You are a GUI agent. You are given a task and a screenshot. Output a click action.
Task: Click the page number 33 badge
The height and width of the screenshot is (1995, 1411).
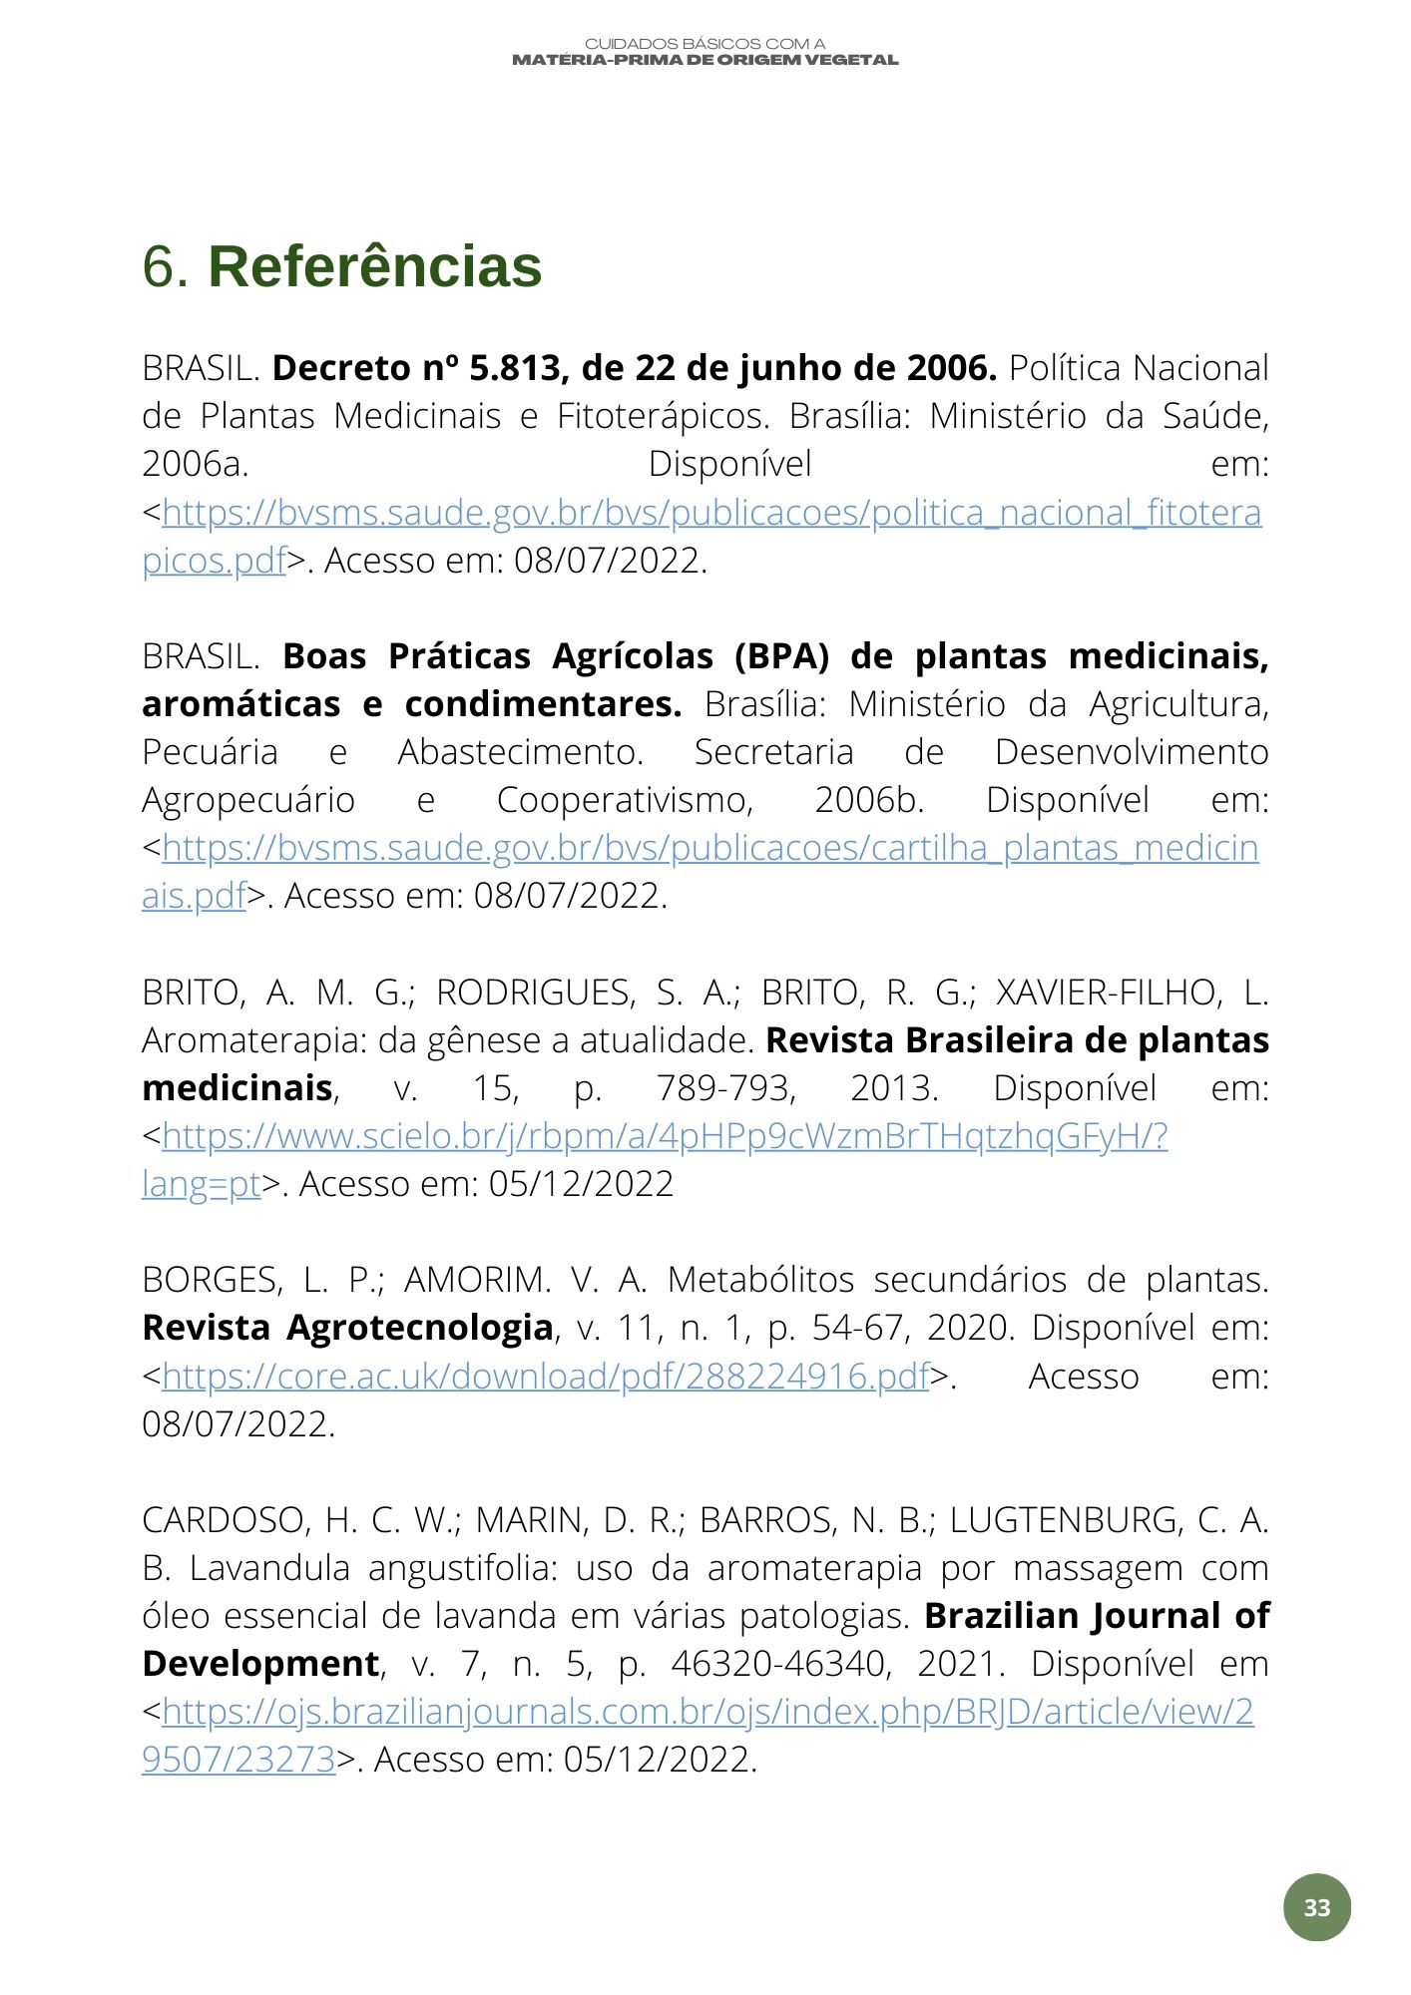[1316, 1907]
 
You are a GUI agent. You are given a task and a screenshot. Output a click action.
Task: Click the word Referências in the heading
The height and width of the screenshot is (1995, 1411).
[374, 267]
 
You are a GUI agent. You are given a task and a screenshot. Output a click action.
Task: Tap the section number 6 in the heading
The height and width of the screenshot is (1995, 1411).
[165, 267]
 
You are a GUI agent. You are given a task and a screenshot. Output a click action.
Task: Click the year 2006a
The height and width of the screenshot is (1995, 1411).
[196, 464]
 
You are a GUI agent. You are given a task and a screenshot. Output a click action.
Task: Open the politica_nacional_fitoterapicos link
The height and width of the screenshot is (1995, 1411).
[710, 513]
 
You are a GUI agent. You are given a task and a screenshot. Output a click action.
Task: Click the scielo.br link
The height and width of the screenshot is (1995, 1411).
[664, 1136]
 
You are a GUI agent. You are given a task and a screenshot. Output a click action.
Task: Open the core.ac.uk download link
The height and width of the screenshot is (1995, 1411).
[545, 1377]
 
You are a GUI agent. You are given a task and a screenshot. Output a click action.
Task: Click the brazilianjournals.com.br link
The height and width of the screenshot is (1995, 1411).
[706, 1712]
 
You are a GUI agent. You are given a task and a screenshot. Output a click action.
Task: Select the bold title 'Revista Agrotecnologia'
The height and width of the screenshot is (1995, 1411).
[347, 1328]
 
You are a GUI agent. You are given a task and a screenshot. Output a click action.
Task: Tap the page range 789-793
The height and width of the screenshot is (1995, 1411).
[725, 1088]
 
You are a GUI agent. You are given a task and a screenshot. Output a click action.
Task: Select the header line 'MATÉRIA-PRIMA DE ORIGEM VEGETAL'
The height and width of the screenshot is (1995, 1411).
[705, 60]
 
